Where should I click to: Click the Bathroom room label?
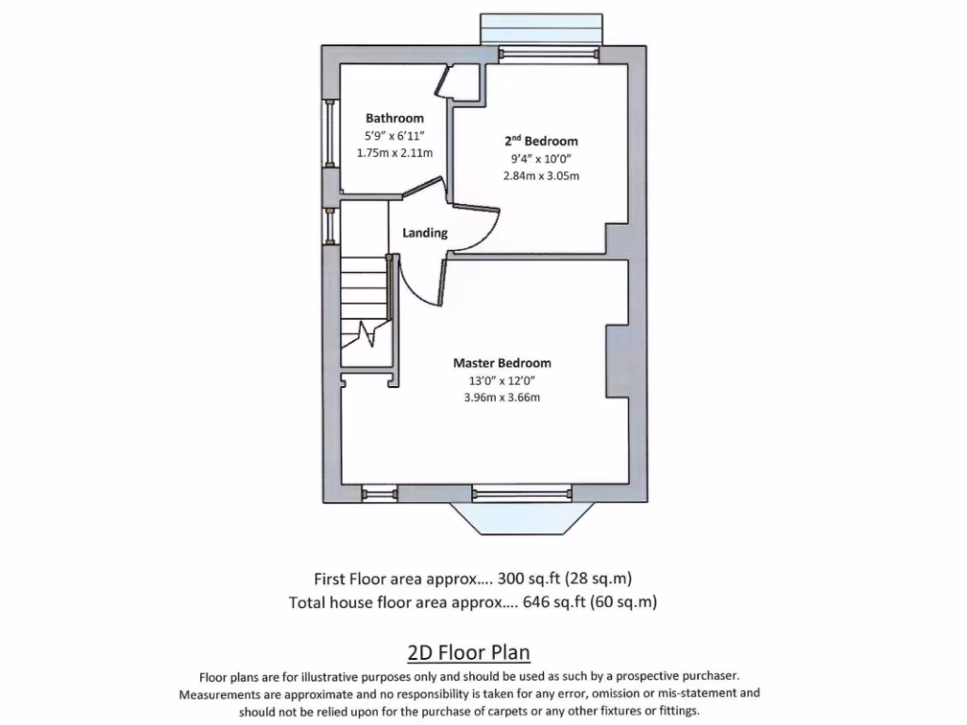coord(395,118)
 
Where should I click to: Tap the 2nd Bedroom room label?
coord(540,141)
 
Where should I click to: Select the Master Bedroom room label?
coord(501,362)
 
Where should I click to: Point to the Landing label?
coord(425,233)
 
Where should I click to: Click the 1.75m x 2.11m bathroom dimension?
coord(395,152)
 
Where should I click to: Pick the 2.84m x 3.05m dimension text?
coord(540,176)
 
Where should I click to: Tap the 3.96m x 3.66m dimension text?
coord(501,397)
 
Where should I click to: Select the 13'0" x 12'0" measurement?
coord(501,380)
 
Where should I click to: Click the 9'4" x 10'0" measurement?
coord(540,159)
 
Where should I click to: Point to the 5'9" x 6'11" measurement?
coord(395,135)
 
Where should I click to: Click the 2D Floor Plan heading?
coord(468,652)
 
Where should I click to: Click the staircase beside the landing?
coord(365,307)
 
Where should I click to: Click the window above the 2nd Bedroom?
coord(539,30)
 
